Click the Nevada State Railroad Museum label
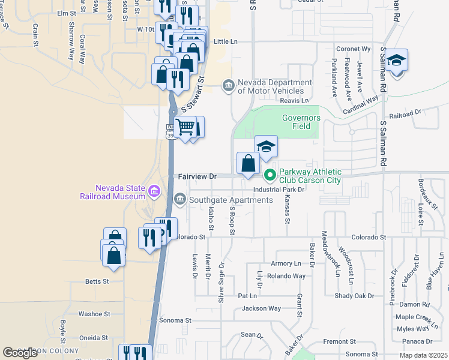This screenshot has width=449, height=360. (x=113, y=191)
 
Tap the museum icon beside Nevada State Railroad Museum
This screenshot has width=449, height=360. (x=154, y=191)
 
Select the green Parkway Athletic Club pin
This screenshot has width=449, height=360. (x=270, y=175)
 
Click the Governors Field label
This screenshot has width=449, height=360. (x=301, y=122)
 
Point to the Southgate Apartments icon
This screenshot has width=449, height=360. (x=179, y=199)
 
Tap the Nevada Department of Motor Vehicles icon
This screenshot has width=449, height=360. (x=228, y=86)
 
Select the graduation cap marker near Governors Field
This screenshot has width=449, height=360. (x=266, y=146)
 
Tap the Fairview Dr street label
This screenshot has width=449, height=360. (x=197, y=176)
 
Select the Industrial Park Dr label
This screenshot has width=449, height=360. (x=279, y=189)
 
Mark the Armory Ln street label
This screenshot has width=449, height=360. (x=286, y=263)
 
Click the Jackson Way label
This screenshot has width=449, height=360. (x=261, y=308)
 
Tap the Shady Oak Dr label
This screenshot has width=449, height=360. (x=354, y=296)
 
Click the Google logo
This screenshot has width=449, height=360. (x=20, y=353)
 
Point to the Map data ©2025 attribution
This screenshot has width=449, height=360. (x=424, y=355)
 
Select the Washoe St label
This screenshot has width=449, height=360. (x=94, y=314)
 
